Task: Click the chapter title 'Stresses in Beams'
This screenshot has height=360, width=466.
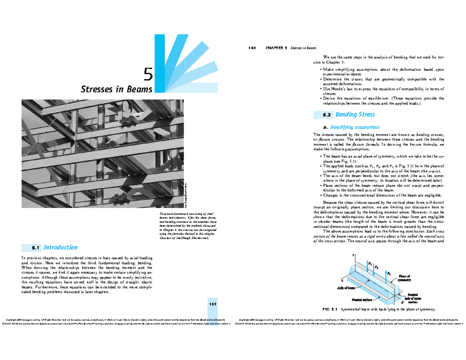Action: pos(116,89)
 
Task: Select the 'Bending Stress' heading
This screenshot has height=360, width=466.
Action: pos(355,115)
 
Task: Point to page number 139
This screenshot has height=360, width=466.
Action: pos(212,304)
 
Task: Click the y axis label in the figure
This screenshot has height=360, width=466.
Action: pos(353,255)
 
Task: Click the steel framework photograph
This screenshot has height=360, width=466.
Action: pos(103,153)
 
